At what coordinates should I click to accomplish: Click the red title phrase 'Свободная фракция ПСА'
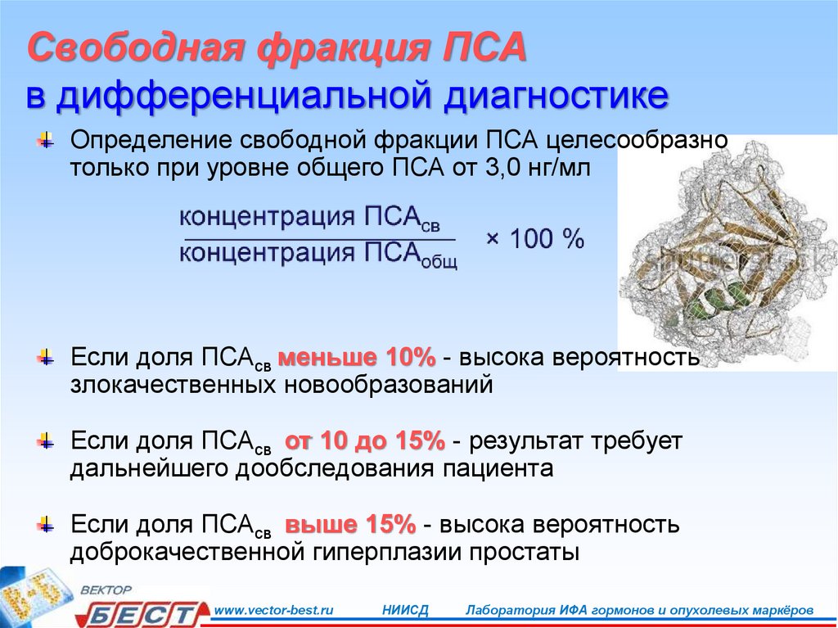point(277,47)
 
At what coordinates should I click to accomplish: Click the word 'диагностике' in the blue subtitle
point(556,95)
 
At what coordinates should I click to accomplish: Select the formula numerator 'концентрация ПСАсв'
point(310,218)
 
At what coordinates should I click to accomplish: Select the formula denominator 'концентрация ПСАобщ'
point(318,254)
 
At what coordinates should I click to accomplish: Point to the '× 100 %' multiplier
point(535,238)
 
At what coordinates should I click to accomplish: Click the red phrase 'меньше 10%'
point(357,357)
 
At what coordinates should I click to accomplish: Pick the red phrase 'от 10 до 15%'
point(365,441)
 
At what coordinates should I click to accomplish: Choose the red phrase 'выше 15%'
point(350,524)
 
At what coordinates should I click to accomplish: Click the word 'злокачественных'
point(173,385)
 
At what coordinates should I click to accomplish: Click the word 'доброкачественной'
point(187,552)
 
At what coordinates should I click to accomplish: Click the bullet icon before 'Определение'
point(46,141)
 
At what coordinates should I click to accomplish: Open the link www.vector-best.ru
point(273,610)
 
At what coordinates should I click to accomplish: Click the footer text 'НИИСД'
point(406,610)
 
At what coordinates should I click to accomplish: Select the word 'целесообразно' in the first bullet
point(638,140)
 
